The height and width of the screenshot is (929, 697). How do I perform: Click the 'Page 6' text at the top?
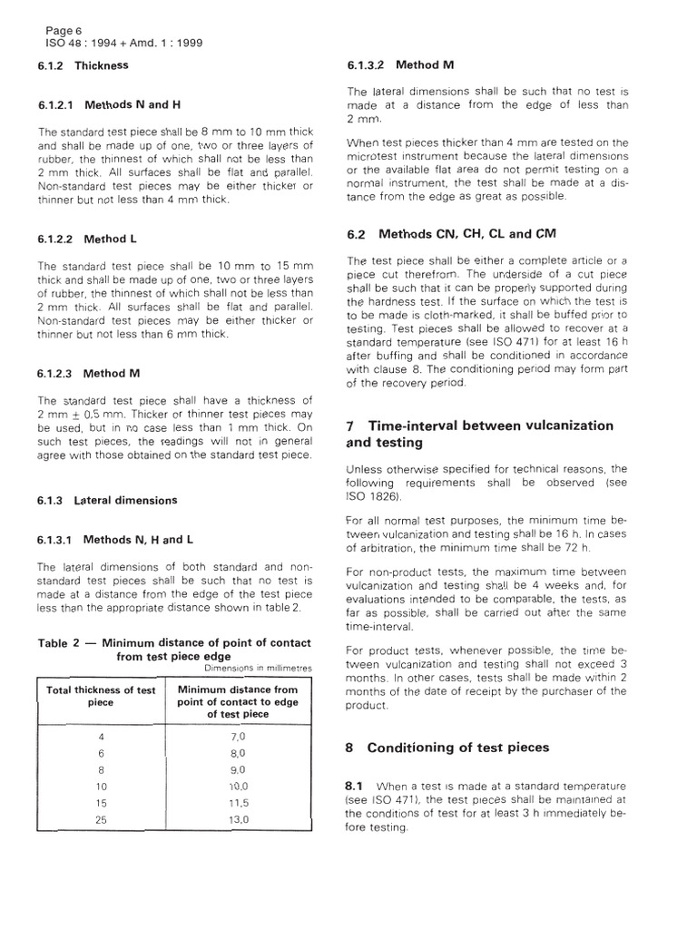[x=64, y=30]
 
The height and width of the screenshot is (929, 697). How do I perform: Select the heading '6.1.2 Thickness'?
[x=83, y=65]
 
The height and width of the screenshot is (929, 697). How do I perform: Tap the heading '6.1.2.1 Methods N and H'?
[x=103, y=105]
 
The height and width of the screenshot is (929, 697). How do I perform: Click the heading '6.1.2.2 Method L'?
[x=87, y=240]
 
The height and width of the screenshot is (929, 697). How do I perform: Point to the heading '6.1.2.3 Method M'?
[x=89, y=373]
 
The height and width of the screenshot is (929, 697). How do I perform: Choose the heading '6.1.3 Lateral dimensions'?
[x=107, y=500]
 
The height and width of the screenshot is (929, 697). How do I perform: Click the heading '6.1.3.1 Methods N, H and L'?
[x=115, y=540]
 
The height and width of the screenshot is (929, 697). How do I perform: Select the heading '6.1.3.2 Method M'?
[x=402, y=65]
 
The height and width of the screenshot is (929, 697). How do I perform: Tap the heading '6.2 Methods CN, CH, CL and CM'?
[x=451, y=234]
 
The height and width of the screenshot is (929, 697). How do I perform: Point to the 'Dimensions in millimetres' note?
[x=258, y=669]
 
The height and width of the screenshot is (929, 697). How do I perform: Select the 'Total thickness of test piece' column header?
[x=101, y=696]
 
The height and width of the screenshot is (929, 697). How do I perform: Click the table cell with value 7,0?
[x=238, y=736]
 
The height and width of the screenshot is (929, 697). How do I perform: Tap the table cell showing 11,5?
[x=238, y=804]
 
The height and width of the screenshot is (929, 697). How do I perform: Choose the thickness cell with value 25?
[x=101, y=820]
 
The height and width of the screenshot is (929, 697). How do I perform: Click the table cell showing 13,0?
[x=238, y=820]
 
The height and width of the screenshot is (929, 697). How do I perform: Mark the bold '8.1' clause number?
[x=358, y=783]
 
